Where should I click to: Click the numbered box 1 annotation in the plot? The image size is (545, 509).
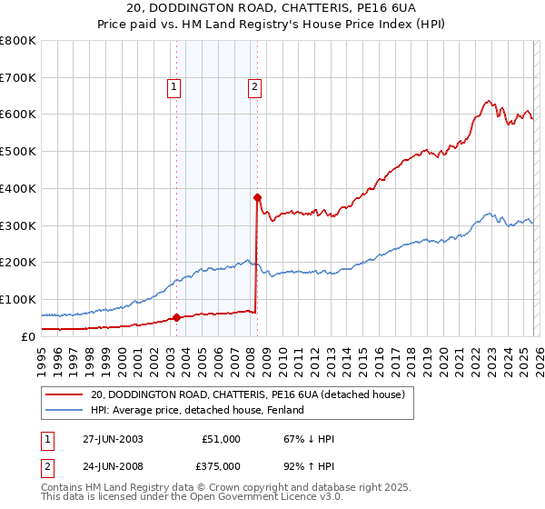click(x=173, y=87)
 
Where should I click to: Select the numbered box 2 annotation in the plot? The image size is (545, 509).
click(x=253, y=87)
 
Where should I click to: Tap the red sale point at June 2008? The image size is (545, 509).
click(x=257, y=196)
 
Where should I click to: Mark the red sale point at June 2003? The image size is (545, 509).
click(x=177, y=317)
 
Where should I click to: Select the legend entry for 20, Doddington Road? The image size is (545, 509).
click(x=253, y=394)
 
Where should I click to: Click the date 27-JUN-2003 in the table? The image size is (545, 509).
click(x=113, y=439)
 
